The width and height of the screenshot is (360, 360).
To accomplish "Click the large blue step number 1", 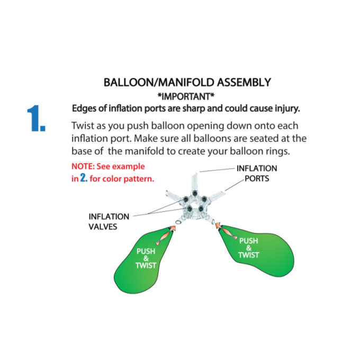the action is point(37,118).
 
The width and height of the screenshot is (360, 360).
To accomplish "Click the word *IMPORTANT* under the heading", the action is point(186,97).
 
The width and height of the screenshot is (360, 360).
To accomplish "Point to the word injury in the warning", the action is point(287,109).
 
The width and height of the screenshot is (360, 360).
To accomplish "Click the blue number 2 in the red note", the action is point(84,178).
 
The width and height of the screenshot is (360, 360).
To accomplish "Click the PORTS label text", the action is point(257,178).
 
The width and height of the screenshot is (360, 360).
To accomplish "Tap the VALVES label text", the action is point(103,227).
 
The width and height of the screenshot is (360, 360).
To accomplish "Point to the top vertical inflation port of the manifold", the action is point(194,182).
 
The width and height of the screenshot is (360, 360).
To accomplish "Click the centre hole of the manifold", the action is point(194,204).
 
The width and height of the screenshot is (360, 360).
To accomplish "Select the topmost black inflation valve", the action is point(195,193).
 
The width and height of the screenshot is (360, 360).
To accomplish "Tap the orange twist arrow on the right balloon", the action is point(226,231).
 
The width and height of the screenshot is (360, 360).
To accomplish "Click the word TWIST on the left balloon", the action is point(146,265).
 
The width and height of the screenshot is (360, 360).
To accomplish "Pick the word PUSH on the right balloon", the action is point(249,241).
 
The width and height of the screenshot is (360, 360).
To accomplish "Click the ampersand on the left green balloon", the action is point(146,258).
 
